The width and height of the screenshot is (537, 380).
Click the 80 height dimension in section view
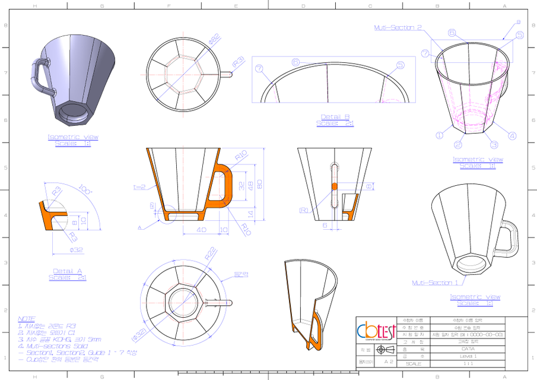tap(259, 182)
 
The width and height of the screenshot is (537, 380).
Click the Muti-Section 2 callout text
tap(398, 27)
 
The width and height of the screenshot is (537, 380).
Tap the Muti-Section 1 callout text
tap(436, 283)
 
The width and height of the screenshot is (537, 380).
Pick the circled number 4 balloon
tap(512, 136)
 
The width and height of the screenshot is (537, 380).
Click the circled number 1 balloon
tap(440, 135)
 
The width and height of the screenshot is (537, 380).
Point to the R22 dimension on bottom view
tap(210, 252)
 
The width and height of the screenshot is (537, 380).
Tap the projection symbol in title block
tap(380, 350)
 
